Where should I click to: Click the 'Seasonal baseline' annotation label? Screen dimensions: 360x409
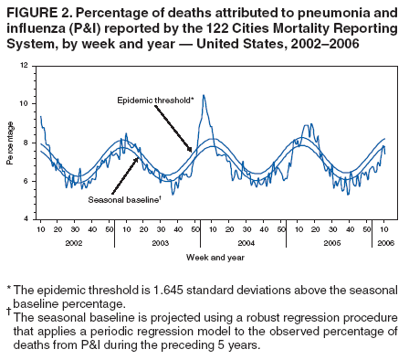(x=124, y=198)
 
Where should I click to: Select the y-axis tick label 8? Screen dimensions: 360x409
(x=26, y=143)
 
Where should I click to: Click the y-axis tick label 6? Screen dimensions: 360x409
(x=26, y=181)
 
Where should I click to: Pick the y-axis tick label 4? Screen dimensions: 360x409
(x=26, y=219)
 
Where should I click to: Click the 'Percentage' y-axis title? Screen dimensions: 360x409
(x=10, y=142)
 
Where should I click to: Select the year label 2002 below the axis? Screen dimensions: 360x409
(x=74, y=243)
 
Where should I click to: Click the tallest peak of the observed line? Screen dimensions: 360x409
(x=204, y=95)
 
